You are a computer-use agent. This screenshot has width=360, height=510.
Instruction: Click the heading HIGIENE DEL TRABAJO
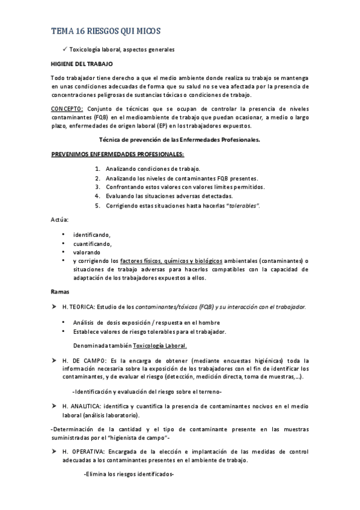(x=81, y=63)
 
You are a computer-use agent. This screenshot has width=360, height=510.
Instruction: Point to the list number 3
(x=97, y=187)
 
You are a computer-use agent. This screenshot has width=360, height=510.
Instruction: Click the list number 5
(x=97, y=205)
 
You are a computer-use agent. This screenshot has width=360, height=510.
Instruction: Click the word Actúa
(x=59, y=220)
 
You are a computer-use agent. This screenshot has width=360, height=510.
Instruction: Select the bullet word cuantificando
(x=92, y=244)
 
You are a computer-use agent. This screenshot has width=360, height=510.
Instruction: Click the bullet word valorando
(x=87, y=253)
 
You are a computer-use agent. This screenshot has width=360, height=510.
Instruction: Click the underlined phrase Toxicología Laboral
(x=160, y=345)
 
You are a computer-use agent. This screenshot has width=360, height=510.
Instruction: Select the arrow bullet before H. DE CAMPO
(x=53, y=360)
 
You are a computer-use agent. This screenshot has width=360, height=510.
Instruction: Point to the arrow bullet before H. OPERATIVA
(x=53, y=450)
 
